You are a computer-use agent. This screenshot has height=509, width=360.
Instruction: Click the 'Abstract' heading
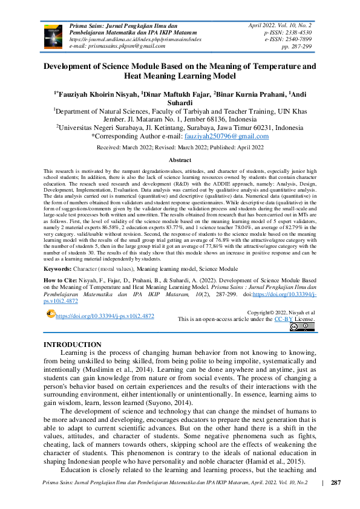click(x=180, y=160)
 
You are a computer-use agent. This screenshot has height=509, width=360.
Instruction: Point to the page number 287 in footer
click(x=336, y=483)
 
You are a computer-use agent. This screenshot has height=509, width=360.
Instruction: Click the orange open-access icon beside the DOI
click(x=50, y=315)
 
